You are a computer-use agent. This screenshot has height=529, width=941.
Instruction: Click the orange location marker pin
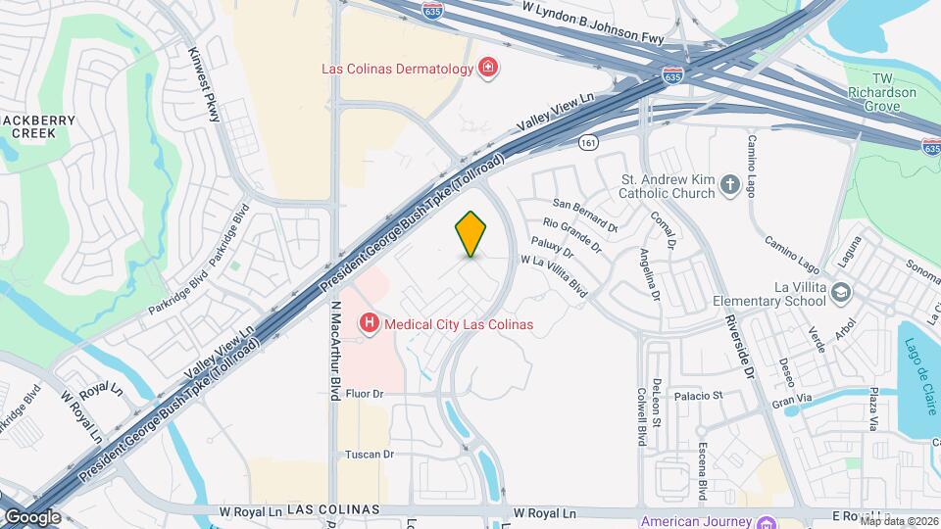(x=471, y=233)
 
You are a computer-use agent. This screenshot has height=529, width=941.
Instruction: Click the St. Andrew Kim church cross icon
(x=729, y=184)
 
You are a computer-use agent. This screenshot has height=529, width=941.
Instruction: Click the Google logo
(x=33, y=516)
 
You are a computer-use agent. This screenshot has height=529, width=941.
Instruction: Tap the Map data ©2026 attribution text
(x=898, y=521)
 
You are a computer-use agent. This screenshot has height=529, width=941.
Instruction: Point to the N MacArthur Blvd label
(x=334, y=346)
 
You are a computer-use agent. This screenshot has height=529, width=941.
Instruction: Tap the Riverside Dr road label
(x=751, y=346)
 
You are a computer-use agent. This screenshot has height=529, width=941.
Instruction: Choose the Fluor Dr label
(x=362, y=394)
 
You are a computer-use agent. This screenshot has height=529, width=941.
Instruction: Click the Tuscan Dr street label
(x=369, y=455)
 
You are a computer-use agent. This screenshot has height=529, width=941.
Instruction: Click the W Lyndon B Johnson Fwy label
(x=594, y=23)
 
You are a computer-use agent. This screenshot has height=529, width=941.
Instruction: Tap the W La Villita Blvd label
(x=554, y=276)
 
